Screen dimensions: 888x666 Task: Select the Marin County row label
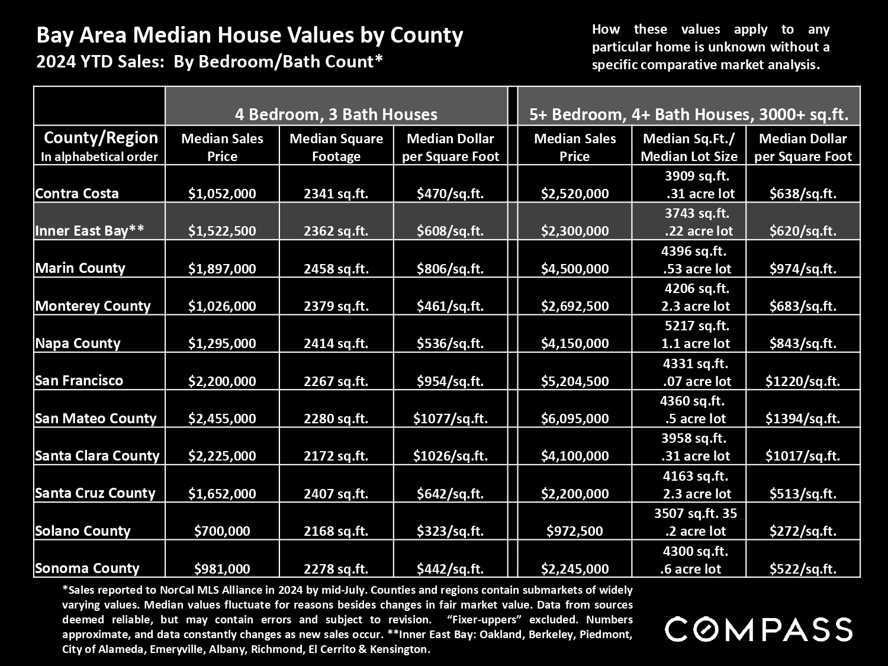pyautogui.click(x=80, y=268)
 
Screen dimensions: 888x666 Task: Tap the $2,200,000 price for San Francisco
pyautogui.click(x=222, y=381)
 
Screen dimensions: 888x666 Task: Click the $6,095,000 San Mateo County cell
pyautogui.click(x=575, y=418)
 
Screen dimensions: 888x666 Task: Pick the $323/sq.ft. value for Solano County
pyautogui.click(x=451, y=530)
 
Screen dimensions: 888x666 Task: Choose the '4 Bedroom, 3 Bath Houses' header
pyautogui.click(x=336, y=114)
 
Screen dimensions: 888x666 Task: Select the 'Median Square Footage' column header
pyautogui.click(x=336, y=147)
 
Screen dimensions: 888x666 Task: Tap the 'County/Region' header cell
pyautogui.click(x=99, y=146)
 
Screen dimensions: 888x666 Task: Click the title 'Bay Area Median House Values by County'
pyautogui.click(x=250, y=35)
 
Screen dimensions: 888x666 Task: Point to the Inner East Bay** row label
pyautogui.click(x=89, y=230)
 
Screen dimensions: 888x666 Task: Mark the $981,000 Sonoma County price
pyautogui.click(x=222, y=568)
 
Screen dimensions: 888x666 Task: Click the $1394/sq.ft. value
pyautogui.click(x=803, y=419)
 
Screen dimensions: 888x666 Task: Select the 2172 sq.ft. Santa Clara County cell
pyautogui.click(x=336, y=456)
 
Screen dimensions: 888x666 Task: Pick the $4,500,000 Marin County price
pyautogui.click(x=575, y=269)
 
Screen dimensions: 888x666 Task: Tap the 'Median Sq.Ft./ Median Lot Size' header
pyautogui.click(x=689, y=147)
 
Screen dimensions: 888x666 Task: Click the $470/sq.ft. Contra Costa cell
pyautogui.click(x=451, y=194)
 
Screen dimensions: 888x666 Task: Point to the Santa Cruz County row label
pyautogui.click(x=95, y=493)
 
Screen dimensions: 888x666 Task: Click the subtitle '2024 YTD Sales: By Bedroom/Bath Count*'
pyautogui.click(x=210, y=62)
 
